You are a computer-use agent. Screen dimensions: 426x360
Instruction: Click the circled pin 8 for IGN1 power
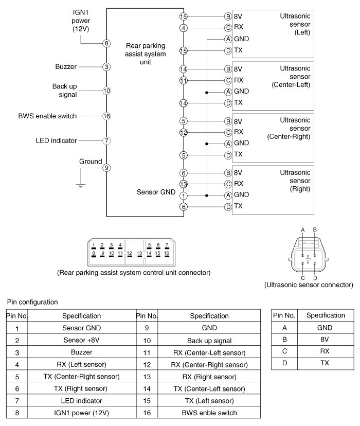point(106,43)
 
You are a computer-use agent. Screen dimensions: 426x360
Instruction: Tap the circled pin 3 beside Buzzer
point(106,66)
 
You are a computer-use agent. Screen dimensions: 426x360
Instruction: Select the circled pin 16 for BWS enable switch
point(106,116)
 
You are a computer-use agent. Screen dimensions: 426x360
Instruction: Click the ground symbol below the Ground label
point(80,185)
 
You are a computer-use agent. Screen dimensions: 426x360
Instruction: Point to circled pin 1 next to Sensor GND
point(184,195)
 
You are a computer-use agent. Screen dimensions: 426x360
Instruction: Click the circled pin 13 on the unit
point(184,184)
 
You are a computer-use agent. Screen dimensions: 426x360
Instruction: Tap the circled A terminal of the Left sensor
point(228,39)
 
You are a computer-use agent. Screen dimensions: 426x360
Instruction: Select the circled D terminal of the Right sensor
point(228,206)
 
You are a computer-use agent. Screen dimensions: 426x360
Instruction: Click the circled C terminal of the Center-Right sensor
point(228,132)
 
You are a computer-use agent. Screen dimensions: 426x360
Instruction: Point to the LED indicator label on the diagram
point(57,140)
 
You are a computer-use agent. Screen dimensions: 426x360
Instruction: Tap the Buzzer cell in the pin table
point(81,353)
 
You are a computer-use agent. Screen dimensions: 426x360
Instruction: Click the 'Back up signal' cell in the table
point(209,341)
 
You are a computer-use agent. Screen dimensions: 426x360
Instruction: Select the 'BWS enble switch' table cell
point(209,413)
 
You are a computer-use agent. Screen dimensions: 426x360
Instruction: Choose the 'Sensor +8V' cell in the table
point(81,341)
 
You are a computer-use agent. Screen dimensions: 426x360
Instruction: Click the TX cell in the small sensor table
point(325,363)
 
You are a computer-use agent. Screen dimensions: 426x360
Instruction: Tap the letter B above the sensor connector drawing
point(315,229)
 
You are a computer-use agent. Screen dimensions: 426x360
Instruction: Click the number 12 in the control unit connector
point(130,253)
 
